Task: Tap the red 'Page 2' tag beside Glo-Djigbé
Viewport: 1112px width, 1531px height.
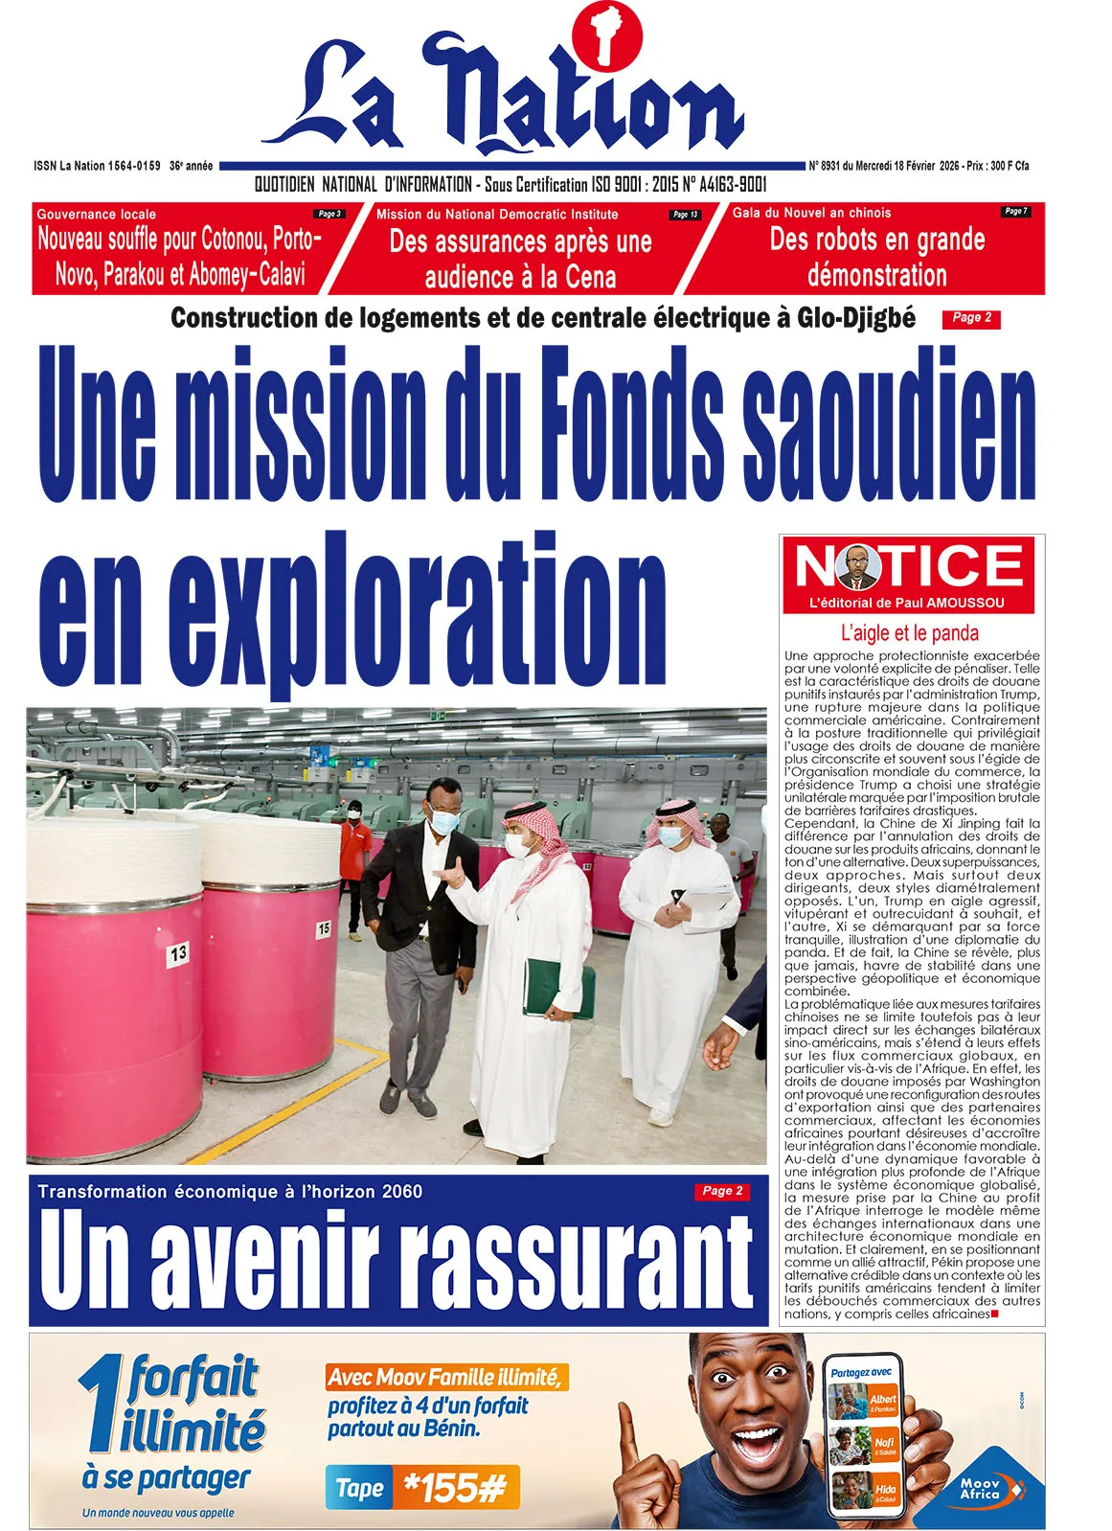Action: pyautogui.click(x=971, y=318)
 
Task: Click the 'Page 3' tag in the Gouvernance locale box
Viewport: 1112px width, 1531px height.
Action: pyautogui.click(x=329, y=214)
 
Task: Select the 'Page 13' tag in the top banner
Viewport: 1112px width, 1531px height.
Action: pyautogui.click(x=685, y=215)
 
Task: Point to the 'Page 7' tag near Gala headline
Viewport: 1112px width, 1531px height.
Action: pyautogui.click(x=1015, y=211)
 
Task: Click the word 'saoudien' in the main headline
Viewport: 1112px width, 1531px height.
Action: pyautogui.click(x=890, y=423)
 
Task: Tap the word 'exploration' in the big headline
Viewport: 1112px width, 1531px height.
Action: pyautogui.click(x=417, y=608)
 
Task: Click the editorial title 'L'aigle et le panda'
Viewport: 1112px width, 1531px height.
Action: pyautogui.click(x=909, y=632)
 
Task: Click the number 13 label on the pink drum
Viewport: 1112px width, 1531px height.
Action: pyautogui.click(x=178, y=953)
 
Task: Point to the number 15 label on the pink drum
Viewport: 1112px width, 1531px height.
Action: pyautogui.click(x=323, y=928)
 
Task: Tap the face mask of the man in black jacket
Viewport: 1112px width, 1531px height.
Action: pyautogui.click(x=444, y=821)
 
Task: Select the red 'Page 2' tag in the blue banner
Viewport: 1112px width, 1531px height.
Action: pyautogui.click(x=721, y=1191)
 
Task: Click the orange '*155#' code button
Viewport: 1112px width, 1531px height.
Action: pyautogui.click(x=455, y=1487)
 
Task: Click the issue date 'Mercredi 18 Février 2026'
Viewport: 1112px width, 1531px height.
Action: pyautogui.click(x=894, y=166)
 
